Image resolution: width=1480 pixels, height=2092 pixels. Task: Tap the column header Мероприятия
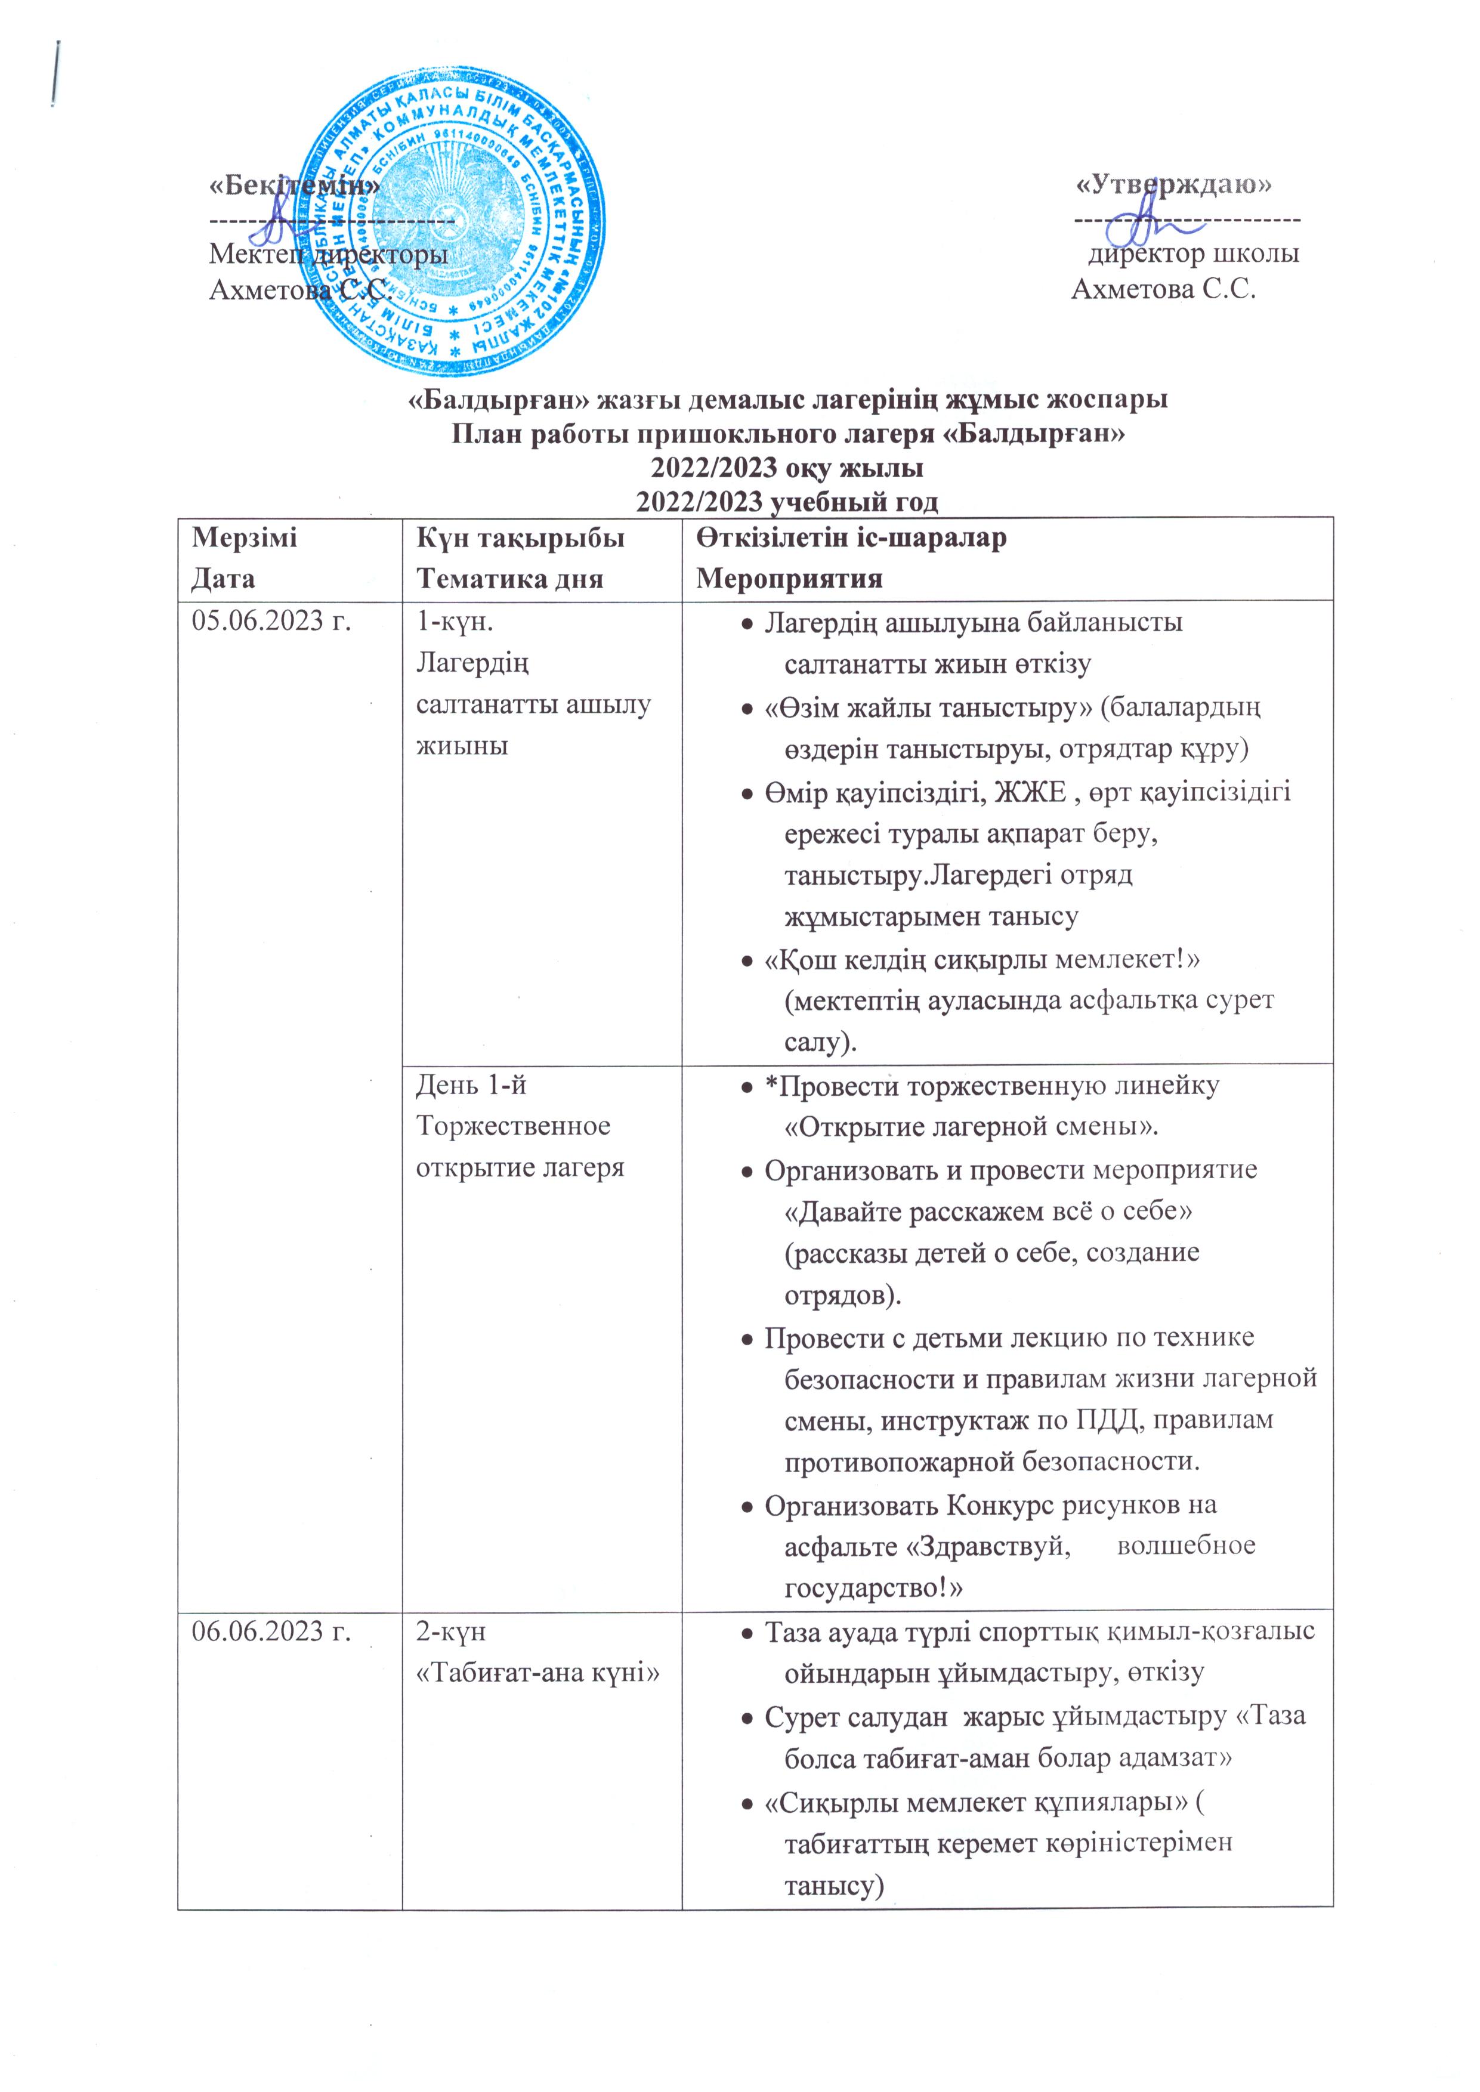(x=789, y=577)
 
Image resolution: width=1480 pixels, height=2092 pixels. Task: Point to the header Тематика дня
(x=509, y=577)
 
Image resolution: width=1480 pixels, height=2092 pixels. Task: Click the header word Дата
(x=223, y=577)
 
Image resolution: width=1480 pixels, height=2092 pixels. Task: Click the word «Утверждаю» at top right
(x=1175, y=184)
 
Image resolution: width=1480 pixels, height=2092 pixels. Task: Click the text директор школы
(x=1194, y=254)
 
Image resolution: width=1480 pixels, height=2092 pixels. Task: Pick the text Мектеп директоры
(x=328, y=254)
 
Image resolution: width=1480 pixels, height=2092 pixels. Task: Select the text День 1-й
(x=471, y=1085)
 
